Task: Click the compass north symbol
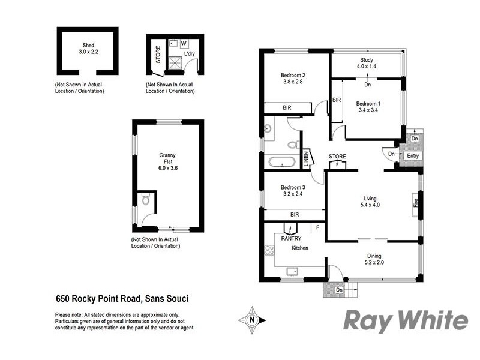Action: (x=253, y=320)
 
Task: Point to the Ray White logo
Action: (x=405, y=321)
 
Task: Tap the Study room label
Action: (x=367, y=60)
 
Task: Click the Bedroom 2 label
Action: (x=293, y=75)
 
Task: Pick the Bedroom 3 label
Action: (x=293, y=188)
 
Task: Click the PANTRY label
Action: (x=291, y=238)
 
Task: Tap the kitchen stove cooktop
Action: (x=268, y=252)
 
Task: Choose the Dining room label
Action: (x=374, y=256)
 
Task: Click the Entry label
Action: (x=413, y=156)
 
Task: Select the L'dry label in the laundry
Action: (x=190, y=54)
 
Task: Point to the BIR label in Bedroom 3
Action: (x=294, y=214)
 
